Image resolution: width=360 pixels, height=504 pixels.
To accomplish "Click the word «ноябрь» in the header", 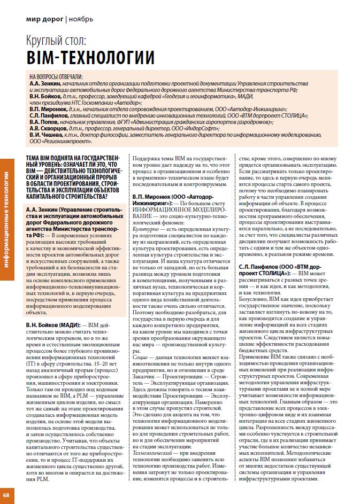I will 81,20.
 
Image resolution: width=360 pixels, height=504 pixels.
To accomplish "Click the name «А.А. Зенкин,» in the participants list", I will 45,84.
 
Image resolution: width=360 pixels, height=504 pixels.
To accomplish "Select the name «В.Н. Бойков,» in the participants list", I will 45,96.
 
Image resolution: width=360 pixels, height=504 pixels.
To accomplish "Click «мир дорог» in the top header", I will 44,20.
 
